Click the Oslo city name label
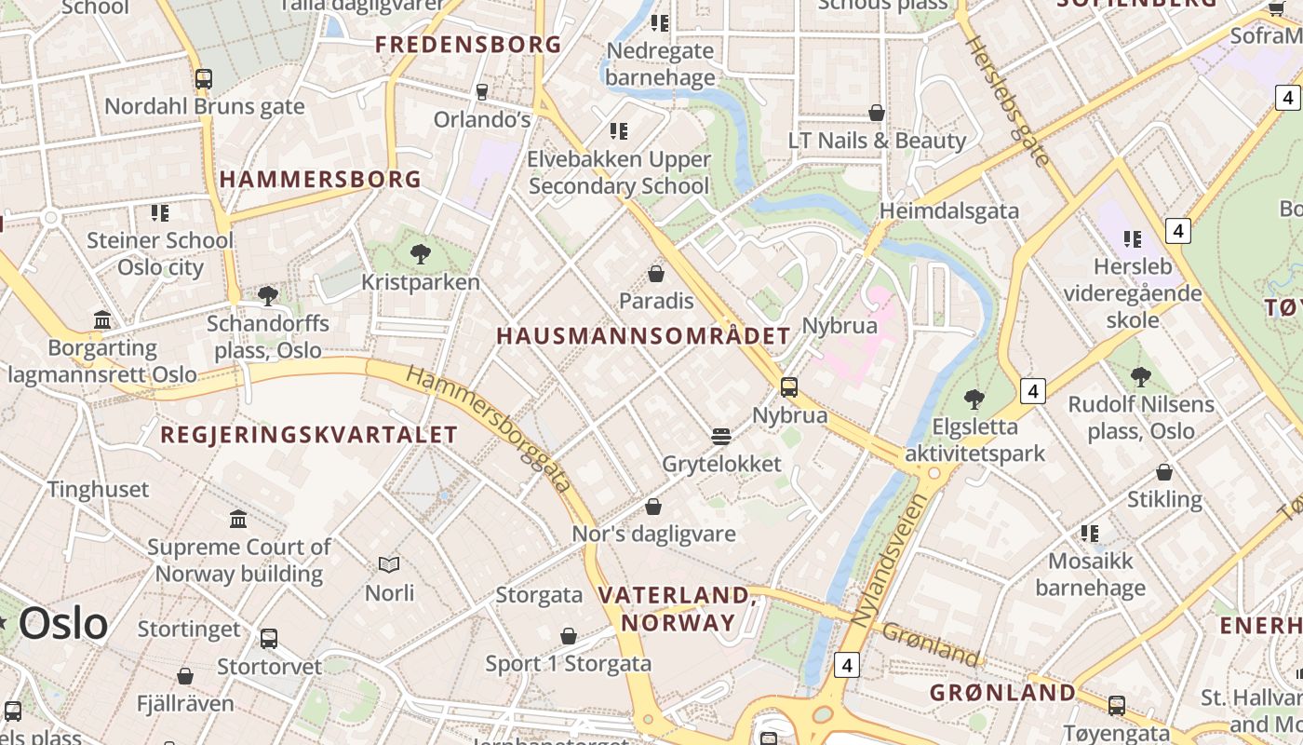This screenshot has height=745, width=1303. (x=63, y=623)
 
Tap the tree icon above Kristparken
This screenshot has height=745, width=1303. (x=420, y=252)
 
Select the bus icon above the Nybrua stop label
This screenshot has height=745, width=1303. (x=789, y=386)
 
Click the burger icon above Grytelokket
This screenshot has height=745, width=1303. (x=720, y=436)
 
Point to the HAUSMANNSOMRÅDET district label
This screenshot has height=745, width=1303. (x=643, y=336)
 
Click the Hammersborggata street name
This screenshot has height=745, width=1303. (x=490, y=429)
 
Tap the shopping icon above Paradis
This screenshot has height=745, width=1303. (x=656, y=274)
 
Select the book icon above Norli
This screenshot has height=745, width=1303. (x=389, y=564)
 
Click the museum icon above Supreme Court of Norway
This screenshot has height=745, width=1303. (x=238, y=519)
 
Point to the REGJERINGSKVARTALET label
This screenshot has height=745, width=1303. (x=309, y=435)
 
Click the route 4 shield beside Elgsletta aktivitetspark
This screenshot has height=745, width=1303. (x=1032, y=391)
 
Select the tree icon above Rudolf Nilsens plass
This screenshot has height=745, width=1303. (x=1141, y=377)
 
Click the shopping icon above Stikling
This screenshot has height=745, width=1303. (x=1164, y=472)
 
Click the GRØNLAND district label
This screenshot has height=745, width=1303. (x=1003, y=693)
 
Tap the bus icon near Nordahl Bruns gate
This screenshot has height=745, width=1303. (x=204, y=79)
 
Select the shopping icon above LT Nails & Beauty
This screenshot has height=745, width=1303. (x=877, y=113)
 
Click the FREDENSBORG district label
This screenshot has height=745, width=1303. (x=468, y=44)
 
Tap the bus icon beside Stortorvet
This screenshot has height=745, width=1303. (x=269, y=639)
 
